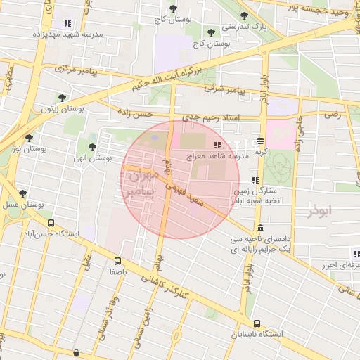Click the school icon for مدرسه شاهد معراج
[x=217, y=144]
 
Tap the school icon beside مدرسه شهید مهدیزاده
[x=67, y=24]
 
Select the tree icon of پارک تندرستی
[x=244, y=15]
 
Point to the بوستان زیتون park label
[x=58, y=109]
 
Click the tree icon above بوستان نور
[x=29, y=138]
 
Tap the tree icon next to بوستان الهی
[x=92, y=147]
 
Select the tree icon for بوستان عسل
[x=22, y=193]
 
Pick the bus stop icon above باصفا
[x=117, y=260]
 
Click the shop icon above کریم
[x=261, y=141]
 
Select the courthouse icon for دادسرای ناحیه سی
[x=261, y=229]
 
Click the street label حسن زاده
[x=135, y=113]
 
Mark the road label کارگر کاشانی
[x=163, y=285]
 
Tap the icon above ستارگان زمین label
[x=255, y=180]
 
